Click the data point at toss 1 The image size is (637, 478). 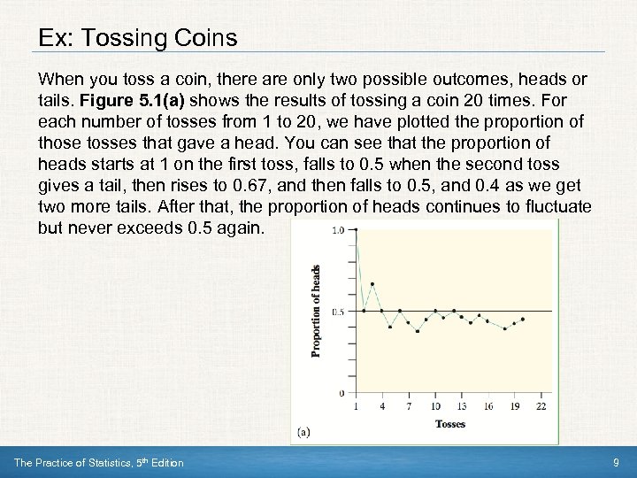tap(356, 229)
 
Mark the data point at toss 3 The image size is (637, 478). tap(372, 284)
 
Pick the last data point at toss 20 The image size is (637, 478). tap(523, 319)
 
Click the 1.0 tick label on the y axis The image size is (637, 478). tap(338, 230)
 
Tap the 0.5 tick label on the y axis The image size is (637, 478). tap(338, 312)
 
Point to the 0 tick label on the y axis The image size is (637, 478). tap(342, 393)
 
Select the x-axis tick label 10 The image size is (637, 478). tap(435, 406)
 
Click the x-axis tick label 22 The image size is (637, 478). tap(541, 406)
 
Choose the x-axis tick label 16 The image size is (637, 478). tap(488, 406)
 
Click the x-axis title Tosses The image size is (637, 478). tap(449, 424)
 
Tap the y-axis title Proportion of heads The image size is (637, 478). tap(316, 311)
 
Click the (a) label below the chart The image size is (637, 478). tap(303, 433)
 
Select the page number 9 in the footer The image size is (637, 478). tap(616, 463)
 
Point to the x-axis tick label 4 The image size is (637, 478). tap(382, 406)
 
